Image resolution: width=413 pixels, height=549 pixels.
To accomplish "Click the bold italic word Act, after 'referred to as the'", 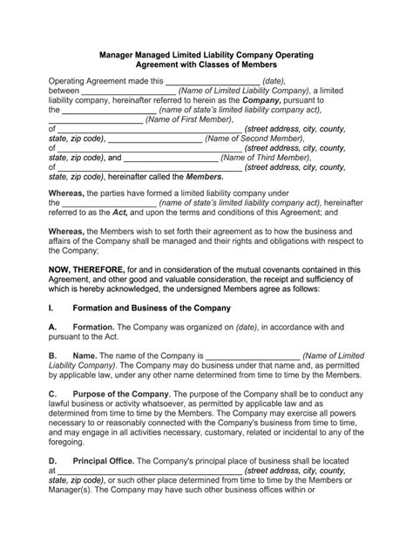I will point(125,212).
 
